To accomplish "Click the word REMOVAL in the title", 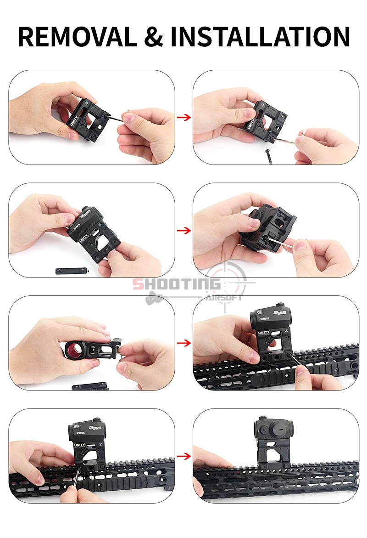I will (x=77, y=37).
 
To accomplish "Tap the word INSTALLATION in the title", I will (x=260, y=37).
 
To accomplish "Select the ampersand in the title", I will (x=153, y=37).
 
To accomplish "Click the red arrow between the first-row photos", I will (x=184, y=117).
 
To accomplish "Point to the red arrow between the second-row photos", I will (x=184, y=230).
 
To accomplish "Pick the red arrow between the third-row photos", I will (x=184, y=343).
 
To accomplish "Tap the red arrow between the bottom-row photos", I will (x=184, y=456).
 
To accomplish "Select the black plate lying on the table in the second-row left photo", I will (x=71, y=271).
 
